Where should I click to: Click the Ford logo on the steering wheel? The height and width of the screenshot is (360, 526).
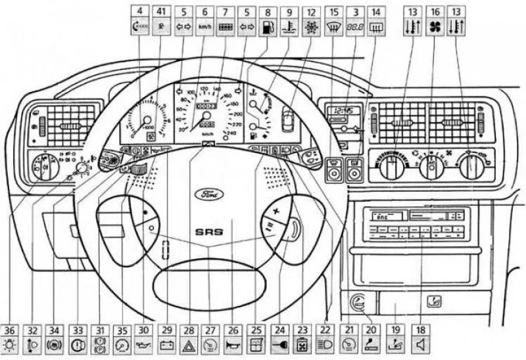208,194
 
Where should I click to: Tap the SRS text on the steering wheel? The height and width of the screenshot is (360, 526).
208,231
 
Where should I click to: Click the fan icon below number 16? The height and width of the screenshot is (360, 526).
434,28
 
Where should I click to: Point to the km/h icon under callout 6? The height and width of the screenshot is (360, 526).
205,28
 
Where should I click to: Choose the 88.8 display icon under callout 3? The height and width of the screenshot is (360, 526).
355,28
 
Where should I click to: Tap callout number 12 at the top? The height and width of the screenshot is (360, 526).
310,11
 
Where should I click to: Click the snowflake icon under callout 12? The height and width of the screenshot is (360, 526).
310,28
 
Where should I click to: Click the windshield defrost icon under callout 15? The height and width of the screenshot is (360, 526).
333,28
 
